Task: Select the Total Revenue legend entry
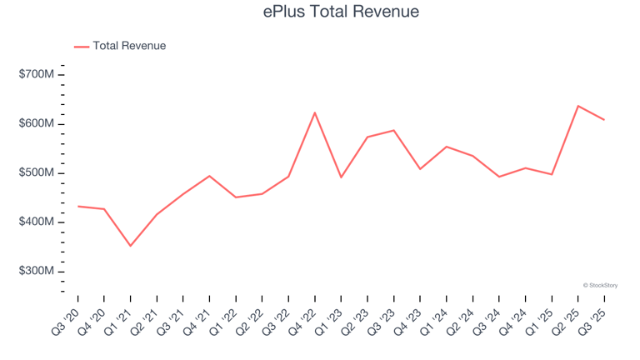pyautogui.click(x=129, y=46)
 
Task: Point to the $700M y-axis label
pyautogui.click(x=37, y=75)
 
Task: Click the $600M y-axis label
pyautogui.click(x=37, y=124)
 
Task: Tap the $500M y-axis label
pyautogui.click(x=37, y=173)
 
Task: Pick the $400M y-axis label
pyautogui.click(x=37, y=222)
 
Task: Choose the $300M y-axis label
pyautogui.click(x=37, y=272)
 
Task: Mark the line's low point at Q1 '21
pyautogui.click(x=130, y=246)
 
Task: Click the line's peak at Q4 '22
pyautogui.click(x=315, y=112)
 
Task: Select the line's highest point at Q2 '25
pyautogui.click(x=578, y=106)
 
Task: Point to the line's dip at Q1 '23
pyautogui.click(x=341, y=177)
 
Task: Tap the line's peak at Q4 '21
pyautogui.click(x=209, y=176)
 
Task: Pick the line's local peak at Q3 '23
pyautogui.click(x=393, y=130)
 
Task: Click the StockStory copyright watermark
pyautogui.click(x=600, y=286)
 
